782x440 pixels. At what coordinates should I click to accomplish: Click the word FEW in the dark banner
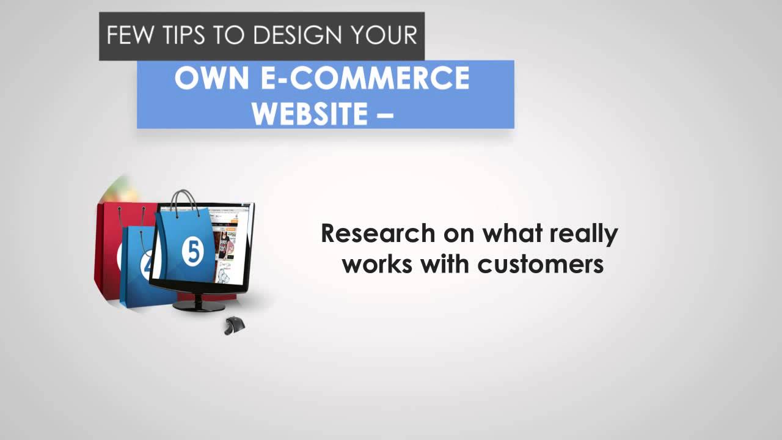(130, 35)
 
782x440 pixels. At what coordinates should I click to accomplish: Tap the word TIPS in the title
(184, 35)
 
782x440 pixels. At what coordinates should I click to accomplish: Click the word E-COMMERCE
(365, 78)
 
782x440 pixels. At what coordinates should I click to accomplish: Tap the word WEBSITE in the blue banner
(310, 114)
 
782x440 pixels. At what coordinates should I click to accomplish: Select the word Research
(378, 233)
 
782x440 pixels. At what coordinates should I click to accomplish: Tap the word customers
(541, 265)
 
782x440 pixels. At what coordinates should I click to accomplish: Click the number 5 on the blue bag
(192, 251)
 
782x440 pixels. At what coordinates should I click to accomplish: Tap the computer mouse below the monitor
(235, 326)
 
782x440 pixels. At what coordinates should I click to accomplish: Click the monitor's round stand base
(199, 307)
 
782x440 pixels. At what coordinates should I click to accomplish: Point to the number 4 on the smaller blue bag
(147, 266)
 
